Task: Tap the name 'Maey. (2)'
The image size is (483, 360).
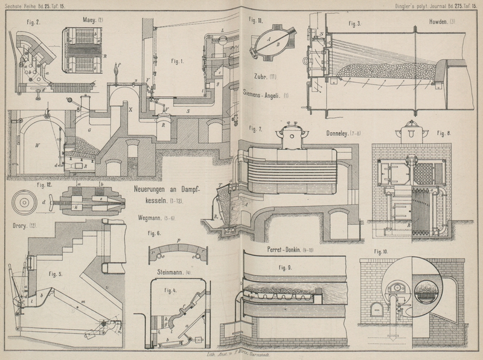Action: coord(94,20)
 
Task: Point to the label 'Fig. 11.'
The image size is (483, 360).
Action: coord(256,21)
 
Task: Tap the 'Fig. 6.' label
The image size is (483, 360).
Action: coord(155,233)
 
